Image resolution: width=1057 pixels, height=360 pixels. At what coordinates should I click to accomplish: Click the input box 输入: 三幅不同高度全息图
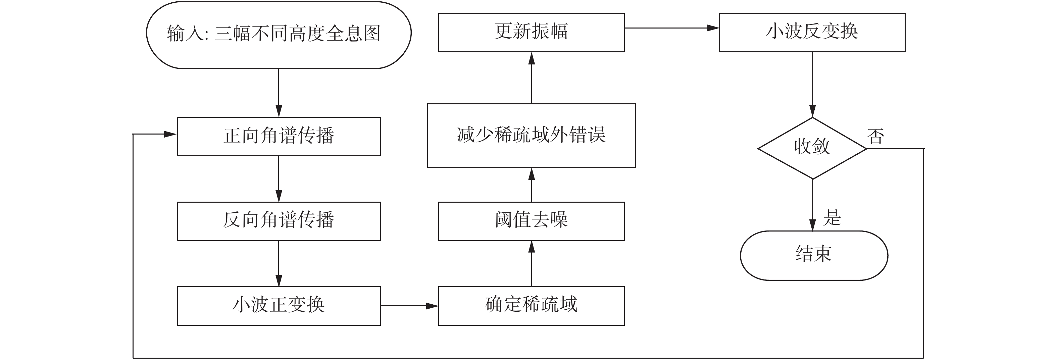279,35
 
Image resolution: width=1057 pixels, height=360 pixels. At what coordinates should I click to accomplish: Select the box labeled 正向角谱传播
279,136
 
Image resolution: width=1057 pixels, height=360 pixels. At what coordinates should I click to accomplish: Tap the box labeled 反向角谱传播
279,221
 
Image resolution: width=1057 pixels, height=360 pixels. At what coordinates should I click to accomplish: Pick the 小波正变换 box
279,306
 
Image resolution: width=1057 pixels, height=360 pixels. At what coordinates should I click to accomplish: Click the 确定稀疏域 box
532,306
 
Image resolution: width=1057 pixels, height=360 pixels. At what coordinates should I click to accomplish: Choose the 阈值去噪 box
532,221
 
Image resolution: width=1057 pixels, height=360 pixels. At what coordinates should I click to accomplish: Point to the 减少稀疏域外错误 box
532,136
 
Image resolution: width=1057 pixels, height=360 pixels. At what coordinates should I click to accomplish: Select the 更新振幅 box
532,33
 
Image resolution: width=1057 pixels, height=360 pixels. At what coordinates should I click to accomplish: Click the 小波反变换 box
812,33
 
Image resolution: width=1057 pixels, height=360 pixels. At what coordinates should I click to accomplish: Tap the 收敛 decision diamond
812,148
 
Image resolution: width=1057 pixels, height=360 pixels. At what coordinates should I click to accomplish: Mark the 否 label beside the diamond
875,136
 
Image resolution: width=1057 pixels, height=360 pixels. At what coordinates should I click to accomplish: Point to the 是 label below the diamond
832,217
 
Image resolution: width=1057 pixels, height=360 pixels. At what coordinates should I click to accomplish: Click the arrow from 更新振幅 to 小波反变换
672,28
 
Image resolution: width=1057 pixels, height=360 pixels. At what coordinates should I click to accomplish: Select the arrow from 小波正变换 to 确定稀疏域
409,306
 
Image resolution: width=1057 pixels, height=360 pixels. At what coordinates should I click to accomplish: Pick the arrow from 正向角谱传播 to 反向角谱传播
279,178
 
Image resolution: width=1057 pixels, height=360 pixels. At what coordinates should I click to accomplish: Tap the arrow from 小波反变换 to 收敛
812,85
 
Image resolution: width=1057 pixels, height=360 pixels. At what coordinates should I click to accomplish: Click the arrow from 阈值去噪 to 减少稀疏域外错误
532,185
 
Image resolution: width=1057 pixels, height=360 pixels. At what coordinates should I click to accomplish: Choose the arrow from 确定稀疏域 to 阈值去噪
532,263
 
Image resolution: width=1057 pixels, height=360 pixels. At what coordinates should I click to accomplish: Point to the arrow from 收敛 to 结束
812,205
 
